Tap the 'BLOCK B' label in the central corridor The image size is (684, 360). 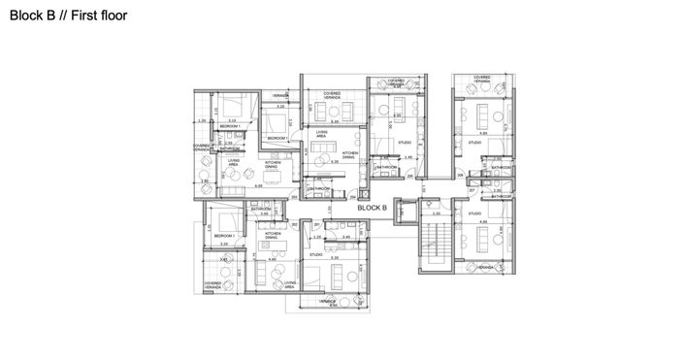tap(372, 208)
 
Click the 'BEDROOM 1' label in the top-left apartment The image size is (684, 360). tap(230, 127)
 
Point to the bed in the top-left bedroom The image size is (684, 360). tap(233, 106)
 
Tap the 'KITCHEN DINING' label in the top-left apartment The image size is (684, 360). tap(275, 164)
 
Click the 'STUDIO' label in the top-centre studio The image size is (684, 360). tap(405, 143)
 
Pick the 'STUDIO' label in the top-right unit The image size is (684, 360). tap(474, 143)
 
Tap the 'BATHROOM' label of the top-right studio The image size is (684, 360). tap(501, 168)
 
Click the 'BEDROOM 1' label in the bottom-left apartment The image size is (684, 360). tap(225, 236)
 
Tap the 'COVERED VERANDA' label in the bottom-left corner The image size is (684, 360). tap(212, 285)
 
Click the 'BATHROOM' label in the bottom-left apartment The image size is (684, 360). tap(261, 209)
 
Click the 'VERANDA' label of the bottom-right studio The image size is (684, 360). tap(487, 264)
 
